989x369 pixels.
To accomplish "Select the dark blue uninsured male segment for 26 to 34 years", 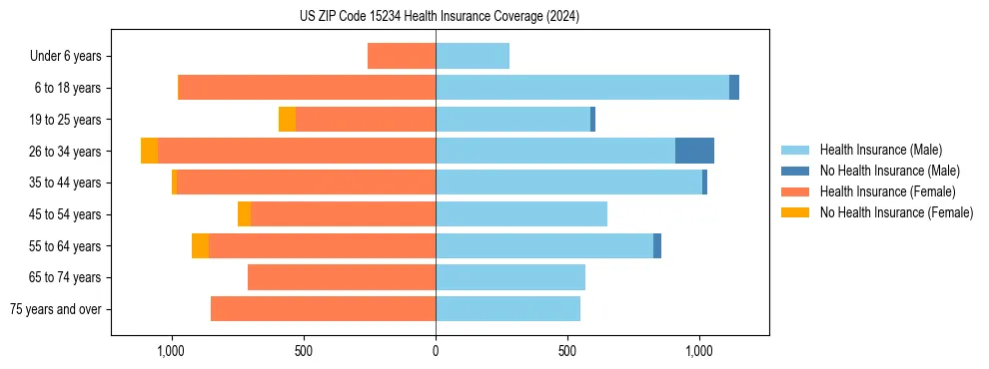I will point(694,151).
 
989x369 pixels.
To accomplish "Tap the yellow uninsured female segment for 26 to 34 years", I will point(149,151).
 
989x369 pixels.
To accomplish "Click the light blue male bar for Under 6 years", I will point(473,56).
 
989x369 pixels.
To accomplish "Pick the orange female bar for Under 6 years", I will point(402,56).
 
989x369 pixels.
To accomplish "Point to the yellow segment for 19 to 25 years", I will point(287,119).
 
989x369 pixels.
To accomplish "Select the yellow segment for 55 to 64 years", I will point(200,245).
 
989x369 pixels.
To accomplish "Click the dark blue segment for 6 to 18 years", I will point(734,88).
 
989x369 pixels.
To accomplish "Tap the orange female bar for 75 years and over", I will point(323,309).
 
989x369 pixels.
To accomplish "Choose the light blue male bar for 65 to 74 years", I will point(510,277).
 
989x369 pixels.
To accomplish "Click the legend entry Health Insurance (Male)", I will point(880,150).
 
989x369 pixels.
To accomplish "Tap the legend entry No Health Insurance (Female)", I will point(896,212).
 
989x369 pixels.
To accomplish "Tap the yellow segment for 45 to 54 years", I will point(244,214).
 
